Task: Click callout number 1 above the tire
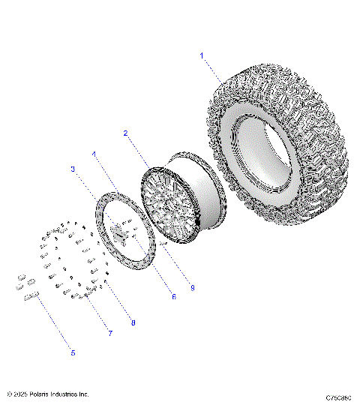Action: click(x=202, y=55)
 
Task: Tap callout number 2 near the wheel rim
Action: click(x=125, y=133)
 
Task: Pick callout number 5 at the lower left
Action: click(x=73, y=352)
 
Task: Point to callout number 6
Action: click(x=173, y=296)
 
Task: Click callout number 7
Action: click(x=110, y=333)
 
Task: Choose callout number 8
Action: click(x=133, y=323)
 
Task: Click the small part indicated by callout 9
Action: click(x=163, y=243)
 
